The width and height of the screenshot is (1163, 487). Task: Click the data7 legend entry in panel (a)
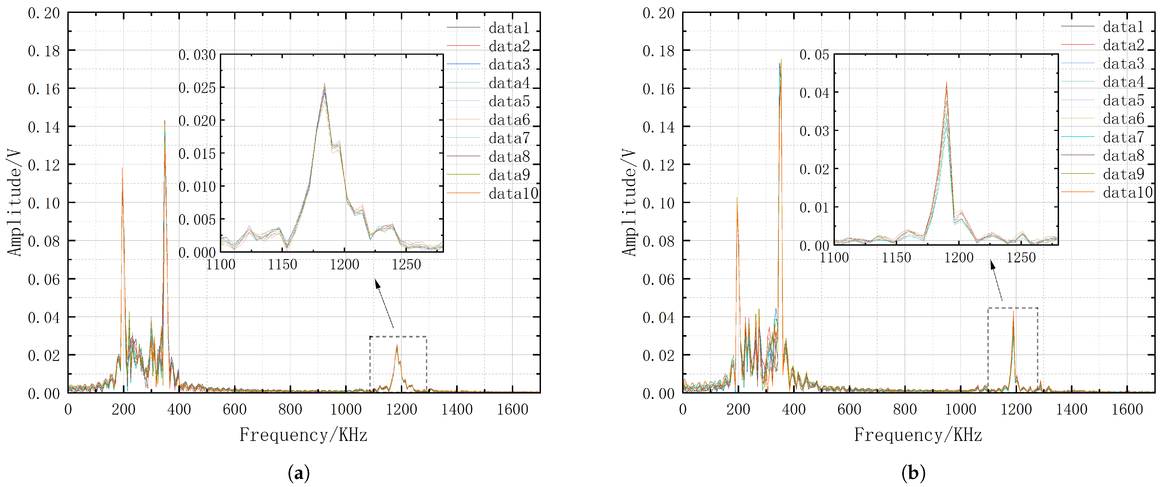[509, 138]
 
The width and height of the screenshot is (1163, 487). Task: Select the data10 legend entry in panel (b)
[1127, 193]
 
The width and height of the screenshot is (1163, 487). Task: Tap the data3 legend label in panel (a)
[509, 65]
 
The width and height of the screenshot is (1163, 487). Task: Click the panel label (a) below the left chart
[298, 473]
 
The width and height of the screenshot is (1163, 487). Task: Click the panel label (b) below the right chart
[913, 473]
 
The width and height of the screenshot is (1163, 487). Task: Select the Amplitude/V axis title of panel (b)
[629, 203]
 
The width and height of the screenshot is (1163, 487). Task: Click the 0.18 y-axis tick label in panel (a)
[44, 51]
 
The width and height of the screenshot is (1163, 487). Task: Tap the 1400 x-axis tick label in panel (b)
[1072, 409]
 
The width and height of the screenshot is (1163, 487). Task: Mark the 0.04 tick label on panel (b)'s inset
[814, 93]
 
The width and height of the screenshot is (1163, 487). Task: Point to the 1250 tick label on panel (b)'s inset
[1021, 258]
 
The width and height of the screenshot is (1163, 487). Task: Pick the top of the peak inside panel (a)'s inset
[324, 84]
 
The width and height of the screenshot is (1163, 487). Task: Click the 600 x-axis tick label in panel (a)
[234, 409]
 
